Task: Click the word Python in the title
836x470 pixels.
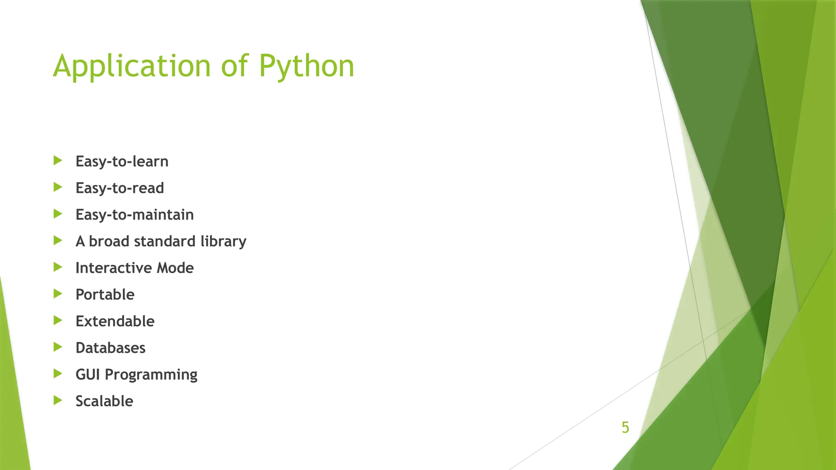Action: click(x=306, y=66)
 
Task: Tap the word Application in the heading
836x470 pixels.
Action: click(x=131, y=66)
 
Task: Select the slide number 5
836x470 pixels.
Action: click(x=625, y=428)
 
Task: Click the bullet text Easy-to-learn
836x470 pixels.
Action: click(x=122, y=162)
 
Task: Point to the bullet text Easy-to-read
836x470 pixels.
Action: click(x=120, y=188)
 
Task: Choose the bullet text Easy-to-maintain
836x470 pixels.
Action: click(x=134, y=215)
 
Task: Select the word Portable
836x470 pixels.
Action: click(x=105, y=295)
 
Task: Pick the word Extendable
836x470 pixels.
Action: click(x=115, y=321)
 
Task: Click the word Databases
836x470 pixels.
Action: click(x=110, y=348)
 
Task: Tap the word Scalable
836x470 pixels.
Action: click(x=104, y=401)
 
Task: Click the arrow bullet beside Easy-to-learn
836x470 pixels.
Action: click(x=58, y=160)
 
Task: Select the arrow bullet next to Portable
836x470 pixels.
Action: click(x=58, y=294)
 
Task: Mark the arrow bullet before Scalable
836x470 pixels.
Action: click(x=58, y=400)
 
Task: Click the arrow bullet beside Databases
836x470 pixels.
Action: click(x=58, y=347)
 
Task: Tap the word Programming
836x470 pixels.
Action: click(x=151, y=375)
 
